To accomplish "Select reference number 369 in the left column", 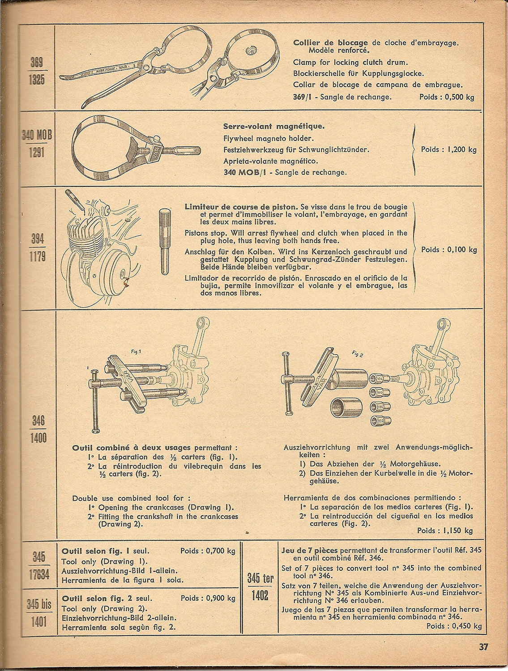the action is pos(37,63).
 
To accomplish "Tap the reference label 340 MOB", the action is pos(37,135).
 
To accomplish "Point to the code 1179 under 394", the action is pos(37,256).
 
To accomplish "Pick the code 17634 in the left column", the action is pos(39,575).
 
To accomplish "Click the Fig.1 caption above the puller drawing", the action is pos(136,352).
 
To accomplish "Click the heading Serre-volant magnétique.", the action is pos(274,126).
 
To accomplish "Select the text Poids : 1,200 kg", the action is pos(448,149).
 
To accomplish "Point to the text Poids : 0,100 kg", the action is pos(449,250).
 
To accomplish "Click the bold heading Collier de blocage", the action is pos(330,43).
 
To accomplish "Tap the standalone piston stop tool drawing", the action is pos(165,242).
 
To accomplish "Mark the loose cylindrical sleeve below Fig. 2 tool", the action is pos(346,407).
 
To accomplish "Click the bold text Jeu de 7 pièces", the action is pos(310,550).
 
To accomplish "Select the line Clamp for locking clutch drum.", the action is pos(350,62).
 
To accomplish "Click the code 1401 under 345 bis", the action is pos(39,622).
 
